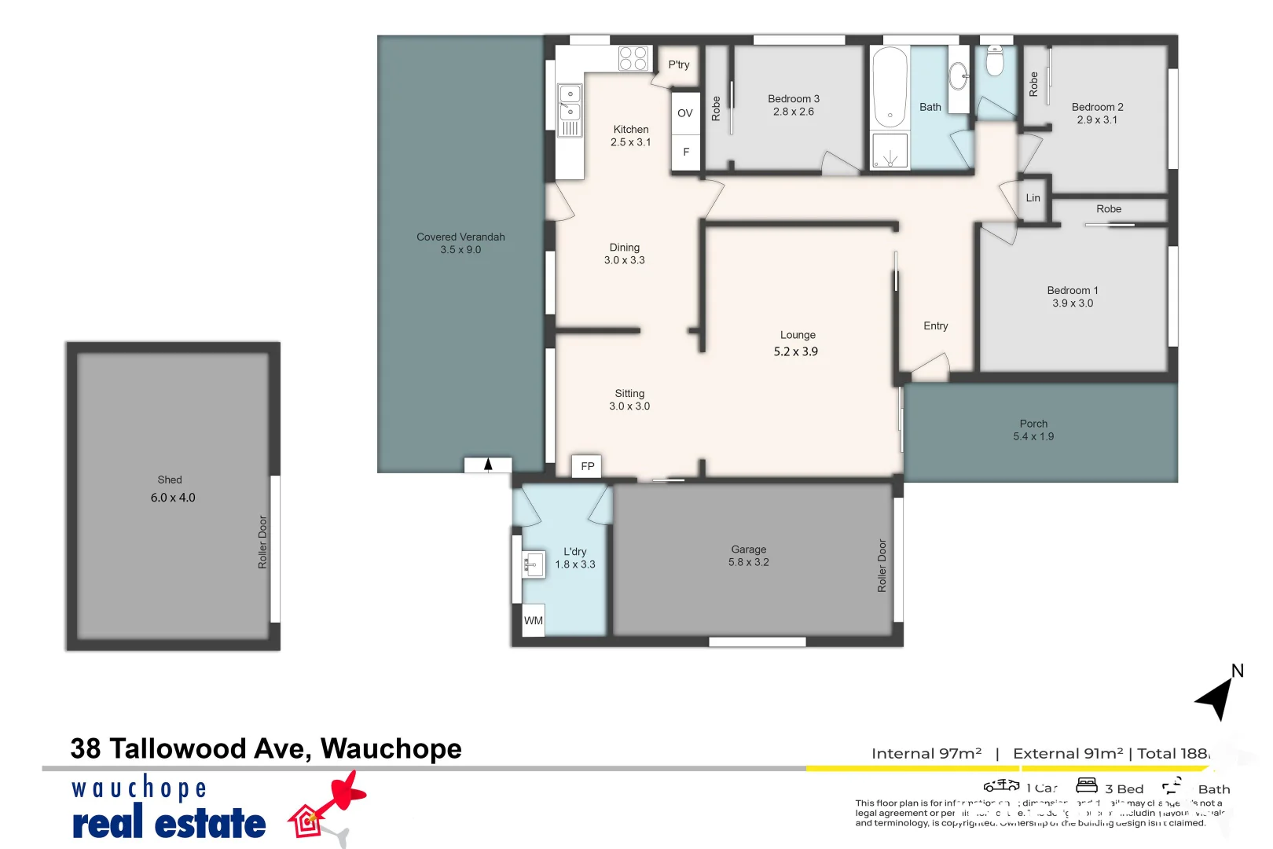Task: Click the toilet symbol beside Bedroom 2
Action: coord(995,61)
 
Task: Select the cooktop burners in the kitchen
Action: coord(633,58)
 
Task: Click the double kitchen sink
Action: coord(570,102)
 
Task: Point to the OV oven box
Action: coord(685,113)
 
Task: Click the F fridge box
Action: coord(686,152)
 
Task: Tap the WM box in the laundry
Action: coord(534,620)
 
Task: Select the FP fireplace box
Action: coord(588,466)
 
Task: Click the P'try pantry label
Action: coord(679,64)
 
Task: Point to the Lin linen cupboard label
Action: coord(1033,198)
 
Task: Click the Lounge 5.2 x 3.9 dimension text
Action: coord(795,351)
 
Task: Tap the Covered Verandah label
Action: coord(460,237)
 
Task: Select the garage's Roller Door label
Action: coord(882,565)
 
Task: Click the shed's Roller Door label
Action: coord(262,542)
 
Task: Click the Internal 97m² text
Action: coord(926,753)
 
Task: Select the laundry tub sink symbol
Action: coord(534,564)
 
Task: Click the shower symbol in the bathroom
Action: coord(890,152)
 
